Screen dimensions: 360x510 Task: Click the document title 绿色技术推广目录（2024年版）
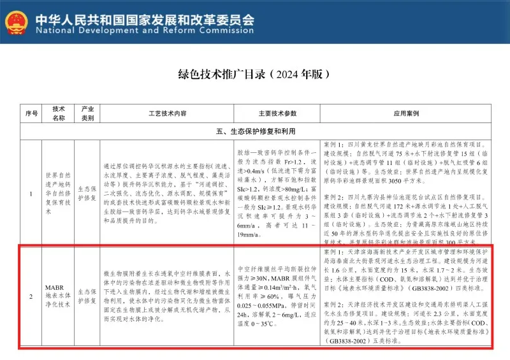[254, 74]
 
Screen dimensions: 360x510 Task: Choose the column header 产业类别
[87, 113]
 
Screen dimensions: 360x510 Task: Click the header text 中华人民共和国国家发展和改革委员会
[144, 17]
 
